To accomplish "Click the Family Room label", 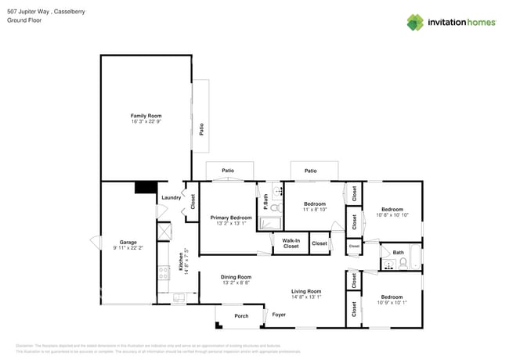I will coord(146,116).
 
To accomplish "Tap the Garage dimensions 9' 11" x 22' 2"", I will coord(128,247).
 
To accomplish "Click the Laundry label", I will coord(171,198).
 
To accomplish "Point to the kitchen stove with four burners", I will coord(164,273).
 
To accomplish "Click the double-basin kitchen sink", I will coord(178,297).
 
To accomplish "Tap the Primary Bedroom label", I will coord(231,218).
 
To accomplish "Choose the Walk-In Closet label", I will coord(291,243).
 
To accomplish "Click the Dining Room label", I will coord(236,277).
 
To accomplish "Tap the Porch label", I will coord(242,316).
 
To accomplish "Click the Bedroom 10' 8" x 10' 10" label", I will coord(392,210).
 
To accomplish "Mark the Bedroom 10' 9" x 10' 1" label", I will coord(392,297).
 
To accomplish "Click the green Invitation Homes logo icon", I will coord(414,22).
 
